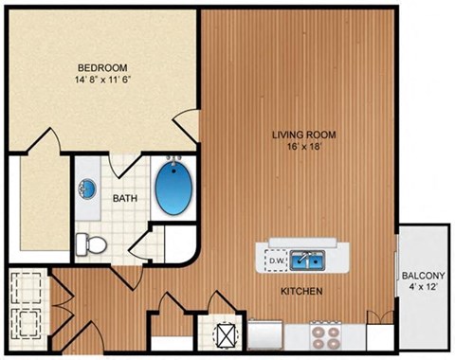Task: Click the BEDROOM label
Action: click(x=101, y=67)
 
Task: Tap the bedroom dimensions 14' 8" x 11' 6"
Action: click(x=101, y=81)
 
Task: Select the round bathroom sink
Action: click(x=86, y=189)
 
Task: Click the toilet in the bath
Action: click(x=92, y=243)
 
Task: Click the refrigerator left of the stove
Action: click(x=266, y=336)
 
